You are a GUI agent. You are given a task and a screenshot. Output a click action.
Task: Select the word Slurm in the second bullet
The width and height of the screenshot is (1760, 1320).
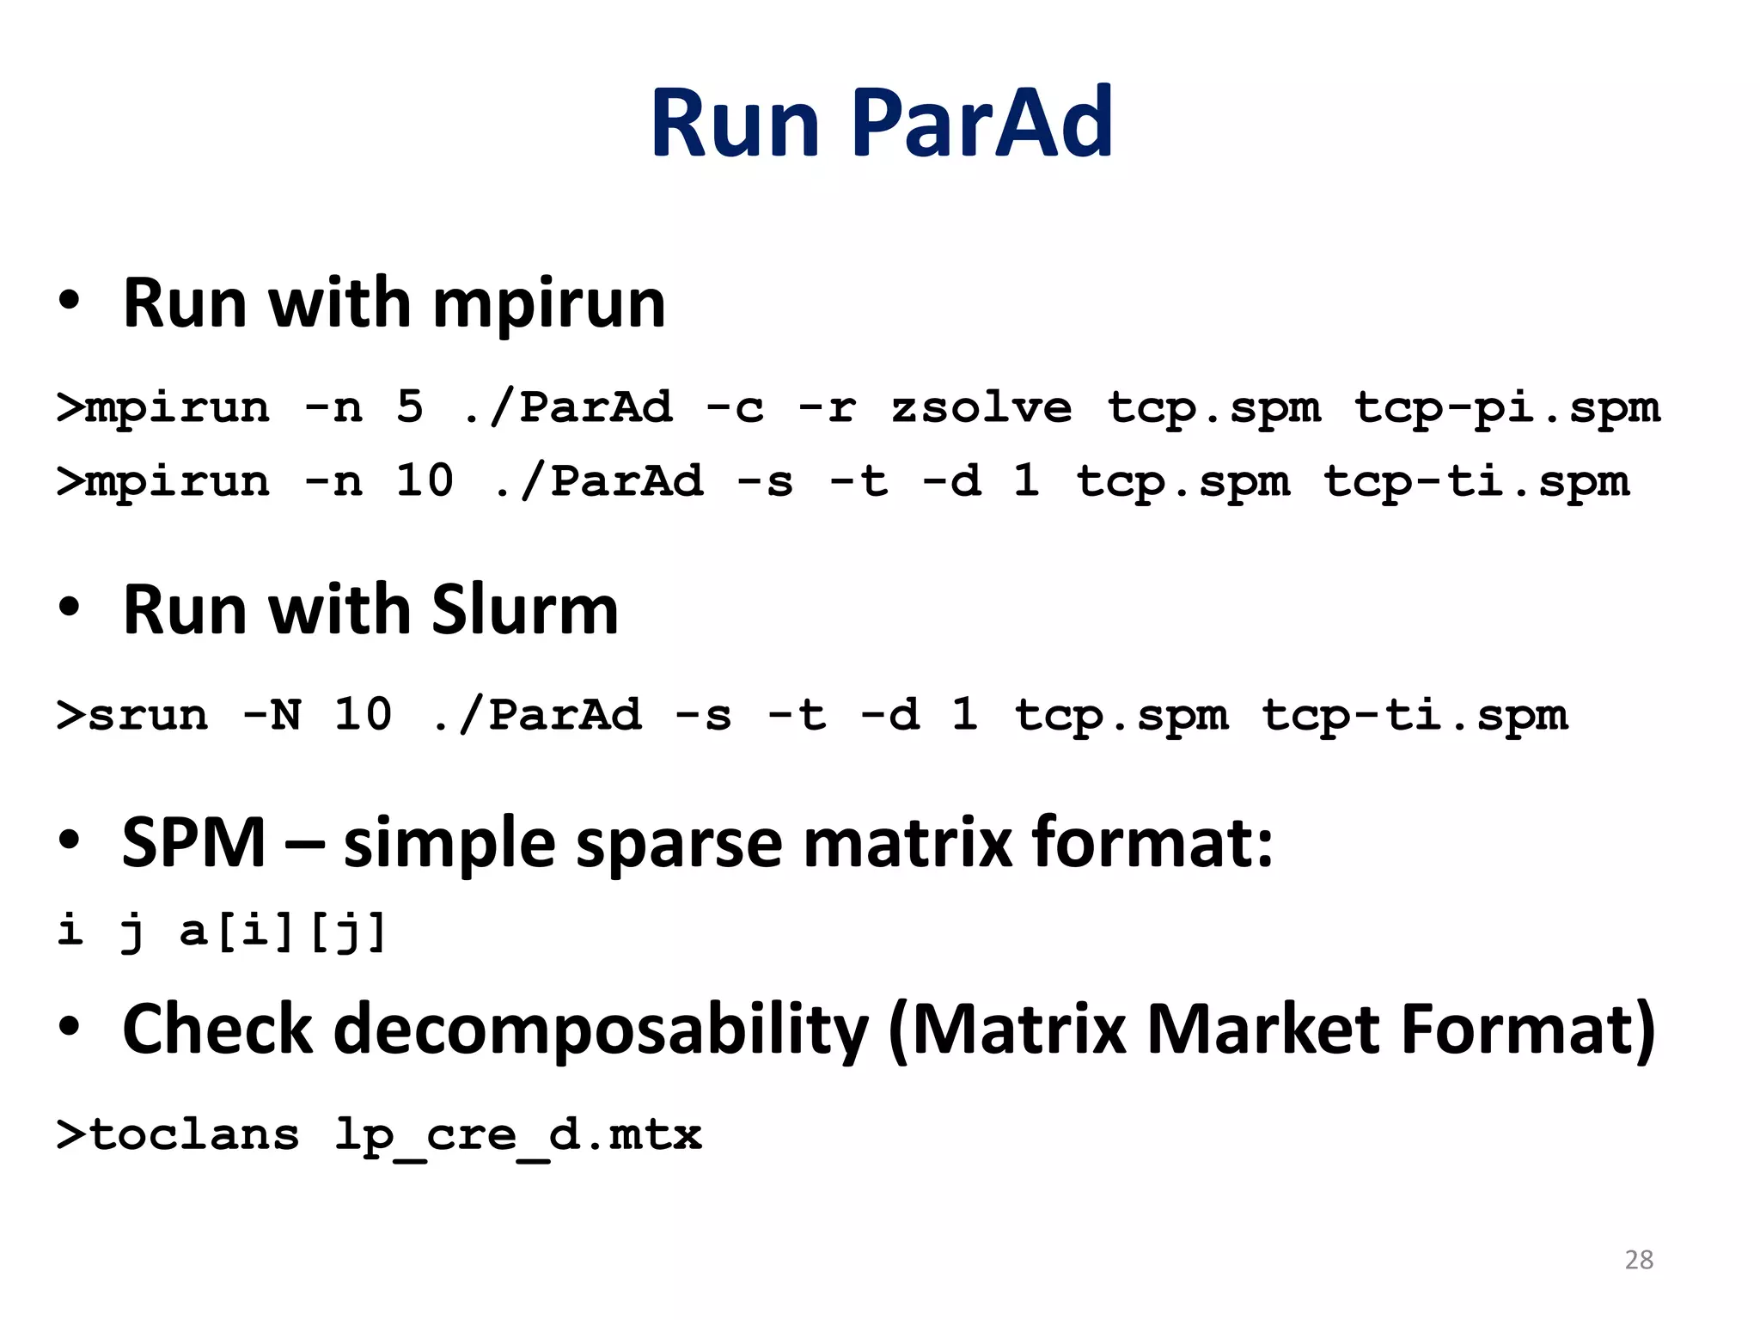coord(524,610)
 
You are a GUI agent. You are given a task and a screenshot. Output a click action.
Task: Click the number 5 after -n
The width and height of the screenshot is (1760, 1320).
coord(410,406)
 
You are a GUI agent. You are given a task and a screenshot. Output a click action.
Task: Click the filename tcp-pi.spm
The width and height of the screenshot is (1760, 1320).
coord(1506,407)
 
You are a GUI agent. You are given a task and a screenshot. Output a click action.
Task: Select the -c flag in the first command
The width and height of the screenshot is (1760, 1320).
coord(735,406)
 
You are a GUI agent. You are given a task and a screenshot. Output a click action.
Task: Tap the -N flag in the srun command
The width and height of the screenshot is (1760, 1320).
coord(272,714)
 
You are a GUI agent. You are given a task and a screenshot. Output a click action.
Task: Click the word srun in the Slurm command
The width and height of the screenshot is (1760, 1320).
coord(148,715)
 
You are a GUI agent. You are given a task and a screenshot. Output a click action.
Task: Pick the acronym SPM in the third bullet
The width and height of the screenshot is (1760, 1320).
coord(193,843)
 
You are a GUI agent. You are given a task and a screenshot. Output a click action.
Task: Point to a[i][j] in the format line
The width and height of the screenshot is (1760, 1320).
coord(283,931)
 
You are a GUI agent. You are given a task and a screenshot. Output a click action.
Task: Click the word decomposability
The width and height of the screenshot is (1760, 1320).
coord(602,1030)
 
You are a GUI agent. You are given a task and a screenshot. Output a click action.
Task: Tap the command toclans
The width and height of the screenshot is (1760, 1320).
coord(194,1134)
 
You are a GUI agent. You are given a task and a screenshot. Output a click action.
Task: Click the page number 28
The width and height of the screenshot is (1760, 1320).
coord(1639,1259)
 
